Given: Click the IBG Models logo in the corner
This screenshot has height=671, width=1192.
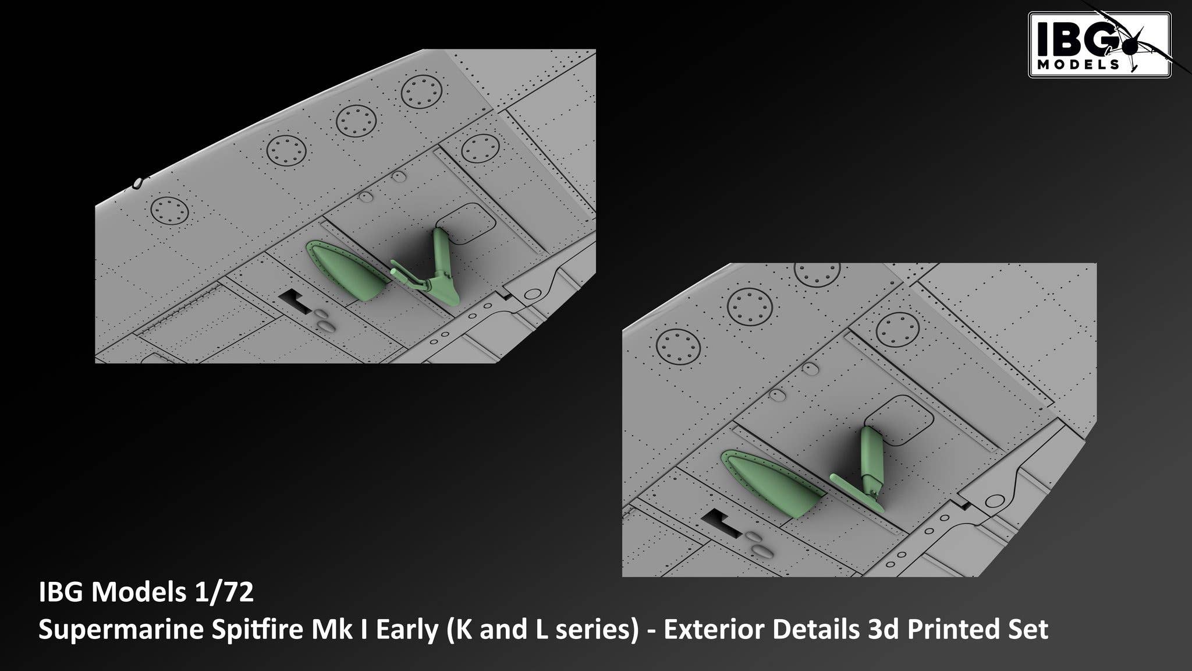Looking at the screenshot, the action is click(1099, 45).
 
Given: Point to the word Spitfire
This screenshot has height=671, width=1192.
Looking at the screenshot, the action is click(207, 630).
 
